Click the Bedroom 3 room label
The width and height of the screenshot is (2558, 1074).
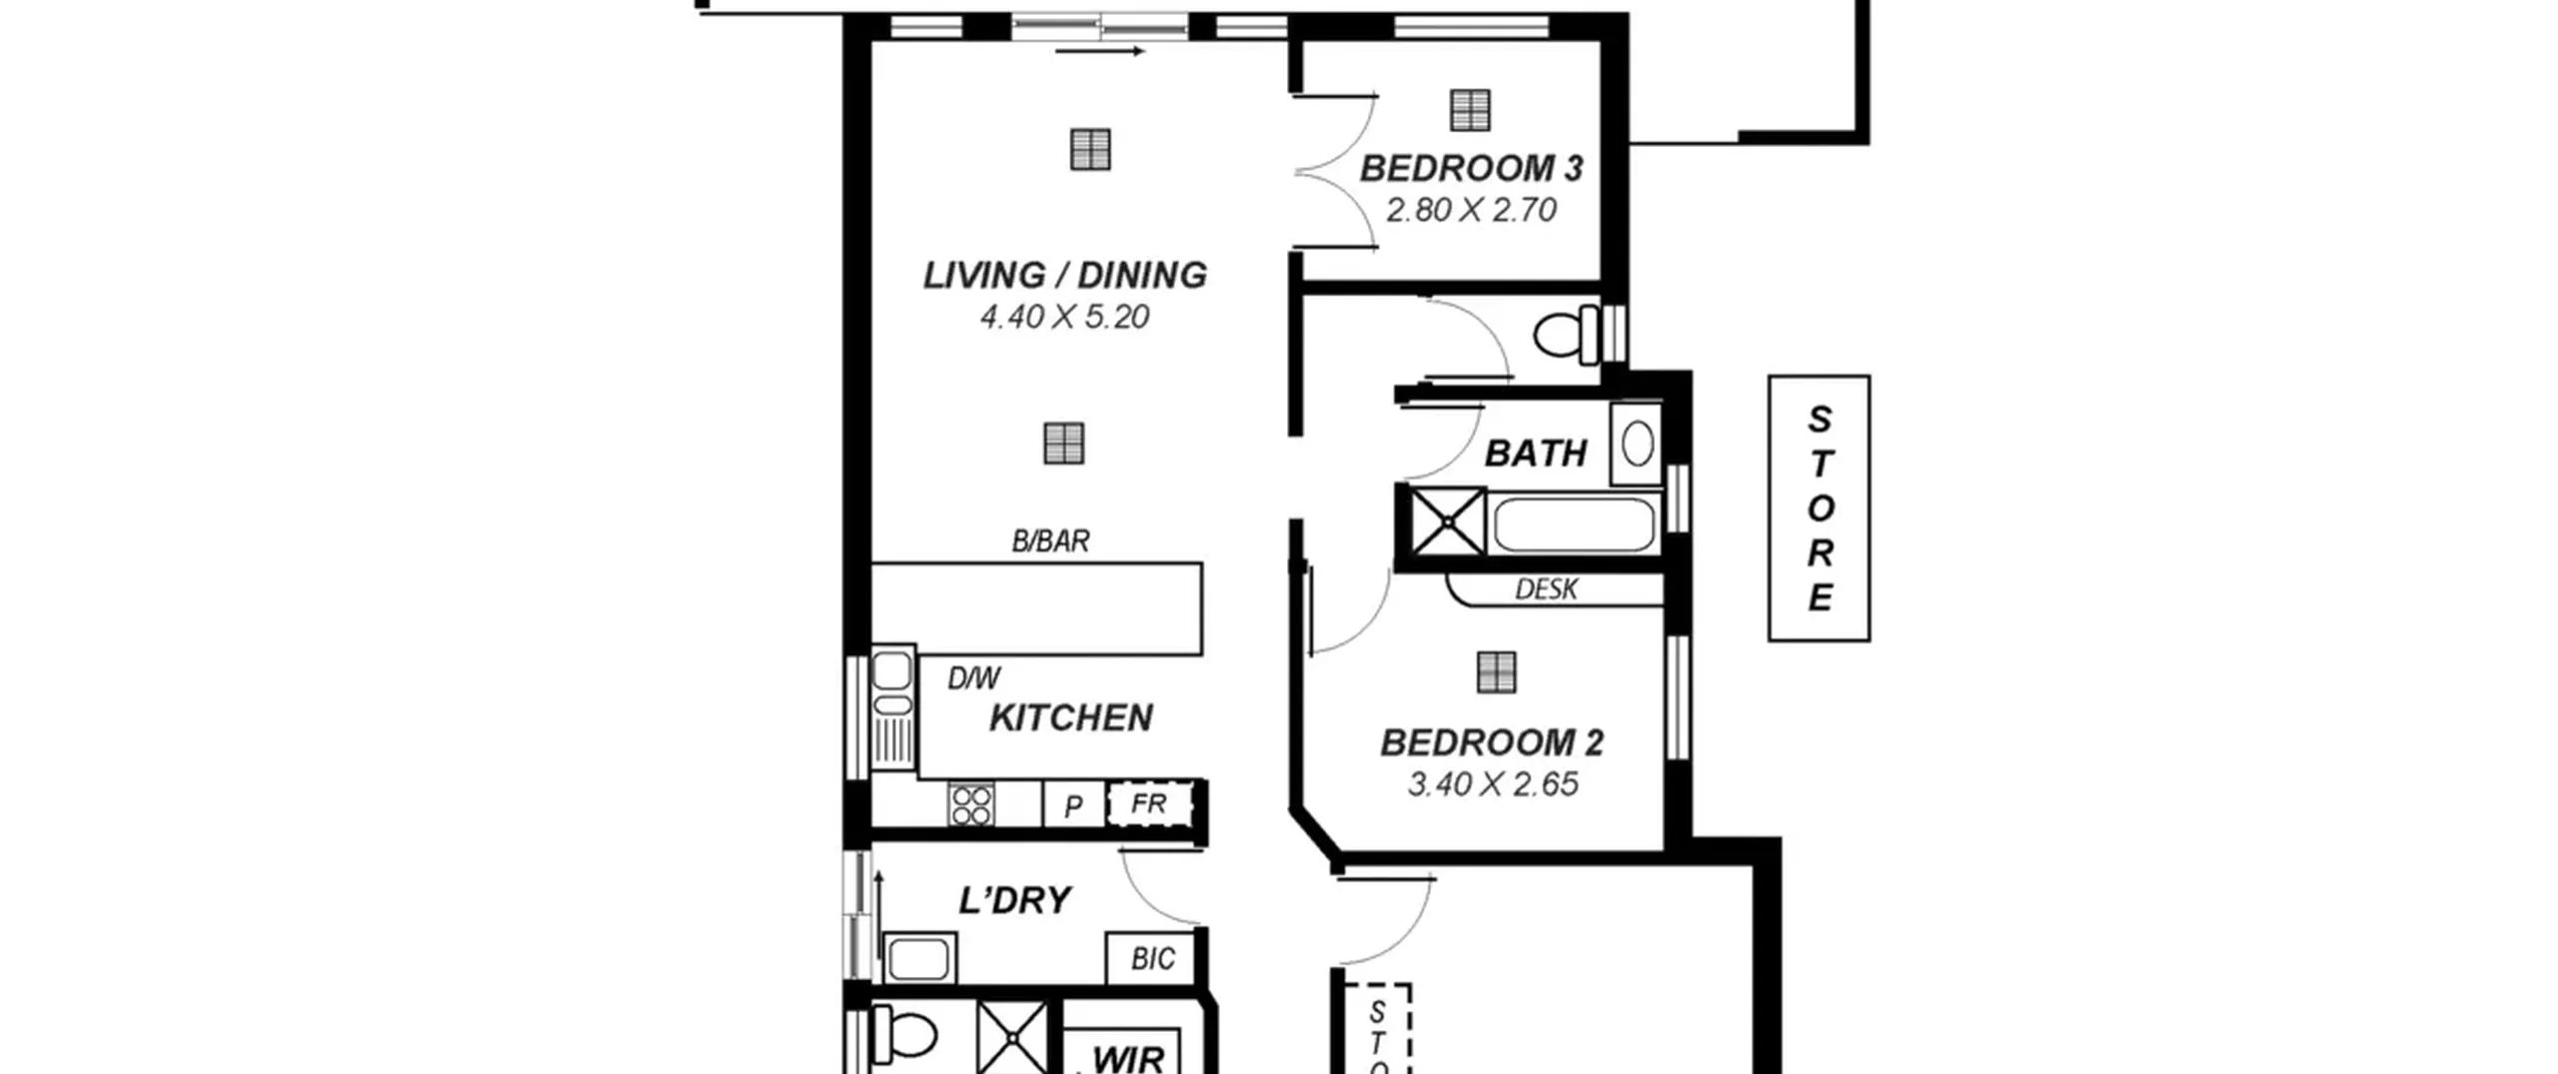(x=1471, y=168)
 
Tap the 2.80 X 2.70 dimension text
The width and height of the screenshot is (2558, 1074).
(x=1471, y=210)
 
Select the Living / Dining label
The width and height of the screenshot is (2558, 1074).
(x=1064, y=275)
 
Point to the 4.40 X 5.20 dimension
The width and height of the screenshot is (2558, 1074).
(x=1064, y=317)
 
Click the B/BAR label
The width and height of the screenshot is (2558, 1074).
(x=1050, y=540)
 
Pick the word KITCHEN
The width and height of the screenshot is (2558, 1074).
(x=1070, y=717)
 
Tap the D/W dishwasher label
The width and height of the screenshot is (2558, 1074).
(x=973, y=678)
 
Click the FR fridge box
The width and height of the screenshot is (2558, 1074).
(x=1150, y=803)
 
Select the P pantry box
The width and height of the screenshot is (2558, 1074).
(x=1073, y=804)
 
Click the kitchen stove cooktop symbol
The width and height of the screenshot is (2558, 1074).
(x=971, y=805)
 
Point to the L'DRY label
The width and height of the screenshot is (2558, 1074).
(x=1014, y=900)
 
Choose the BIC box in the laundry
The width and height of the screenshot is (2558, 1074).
(x=1152, y=959)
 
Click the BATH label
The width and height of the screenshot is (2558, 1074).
(x=1536, y=454)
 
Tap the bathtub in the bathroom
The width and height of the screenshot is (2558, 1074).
(x=1574, y=525)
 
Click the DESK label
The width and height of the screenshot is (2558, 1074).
(x=1546, y=589)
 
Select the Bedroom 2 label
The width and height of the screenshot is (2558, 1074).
(x=1492, y=742)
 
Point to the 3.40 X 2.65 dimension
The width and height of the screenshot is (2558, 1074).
(x=1493, y=784)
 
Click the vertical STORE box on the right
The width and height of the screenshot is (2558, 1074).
(x=1819, y=509)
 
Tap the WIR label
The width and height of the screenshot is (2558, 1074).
(x=1128, y=1059)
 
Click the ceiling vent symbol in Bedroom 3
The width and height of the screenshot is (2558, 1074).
(x=1470, y=110)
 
